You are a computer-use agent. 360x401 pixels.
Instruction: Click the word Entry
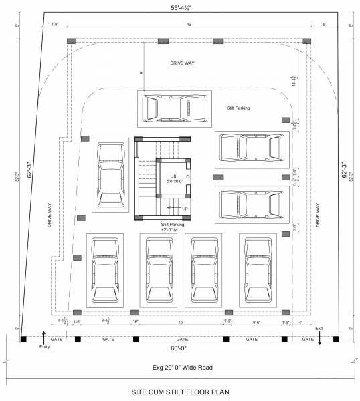(x=45, y=346)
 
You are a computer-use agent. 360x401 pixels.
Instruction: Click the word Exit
(x=319, y=328)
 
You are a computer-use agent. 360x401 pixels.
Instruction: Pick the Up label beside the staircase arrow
(x=185, y=208)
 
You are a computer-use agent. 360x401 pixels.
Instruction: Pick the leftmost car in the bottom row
(x=104, y=269)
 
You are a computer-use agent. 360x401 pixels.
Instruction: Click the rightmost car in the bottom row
(x=257, y=269)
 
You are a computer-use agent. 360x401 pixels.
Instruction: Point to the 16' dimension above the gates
(x=181, y=322)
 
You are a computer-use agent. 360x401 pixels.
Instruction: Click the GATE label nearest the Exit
(x=308, y=339)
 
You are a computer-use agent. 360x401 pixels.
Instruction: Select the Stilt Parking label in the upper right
(x=238, y=107)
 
